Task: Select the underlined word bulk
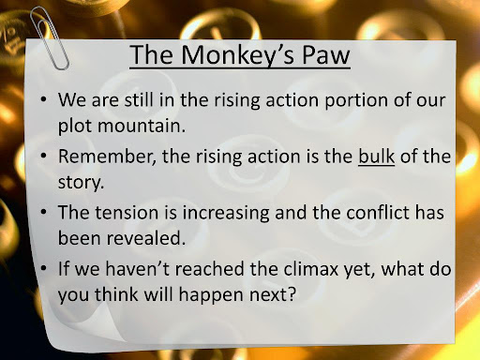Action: pyautogui.click(x=376, y=156)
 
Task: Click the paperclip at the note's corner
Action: pyautogui.click(x=50, y=38)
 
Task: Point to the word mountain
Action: pyautogui.click(x=141, y=126)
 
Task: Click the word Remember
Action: pyautogui.click(x=107, y=157)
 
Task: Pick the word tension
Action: pyautogui.click(x=127, y=213)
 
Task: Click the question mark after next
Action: pyautogui.click(x=292, y=293)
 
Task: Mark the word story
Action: pyautogui.click(x=81, y=183)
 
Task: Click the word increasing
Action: pyautogui.click(x=226, y=213)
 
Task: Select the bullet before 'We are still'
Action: pyautogui.click(x=43, y=99)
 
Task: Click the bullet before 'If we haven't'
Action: pyautogui.click(x=43, y=268)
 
